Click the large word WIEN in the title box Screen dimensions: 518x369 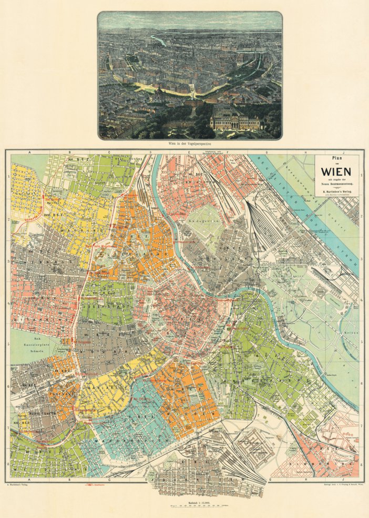tap(336, 171)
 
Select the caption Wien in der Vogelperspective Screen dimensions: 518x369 tap(189, 143)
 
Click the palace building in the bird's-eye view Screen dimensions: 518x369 tap(235, 123)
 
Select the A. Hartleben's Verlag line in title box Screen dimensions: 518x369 tap(336, 191)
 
